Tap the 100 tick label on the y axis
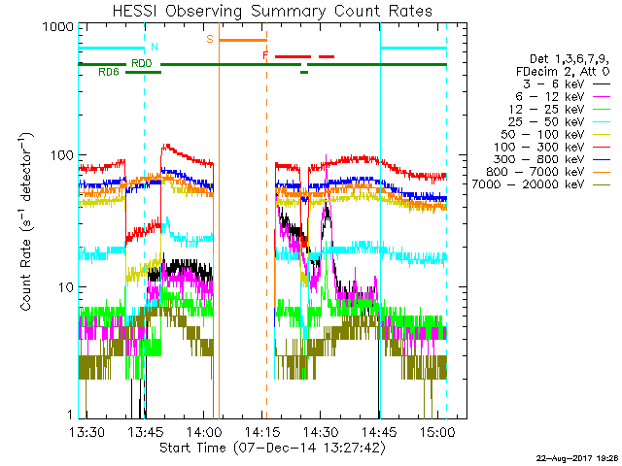point(62,156)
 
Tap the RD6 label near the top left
point(109,72)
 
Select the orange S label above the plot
point(209,40)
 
